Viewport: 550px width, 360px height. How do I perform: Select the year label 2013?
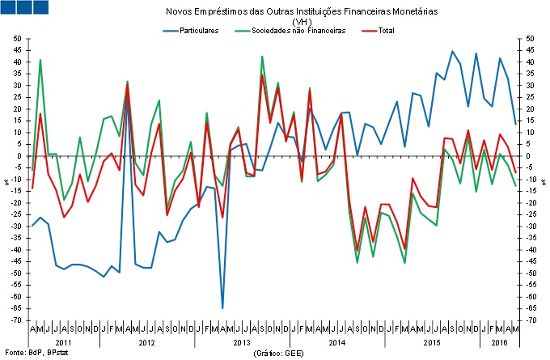pos(240,344)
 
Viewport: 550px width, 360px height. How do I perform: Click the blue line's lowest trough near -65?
pos(222,308)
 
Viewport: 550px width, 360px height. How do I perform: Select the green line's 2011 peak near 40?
pos(40,60)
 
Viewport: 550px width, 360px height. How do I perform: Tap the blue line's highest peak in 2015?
pos(452,52)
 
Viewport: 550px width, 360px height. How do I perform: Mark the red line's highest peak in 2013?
pos(262,75)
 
